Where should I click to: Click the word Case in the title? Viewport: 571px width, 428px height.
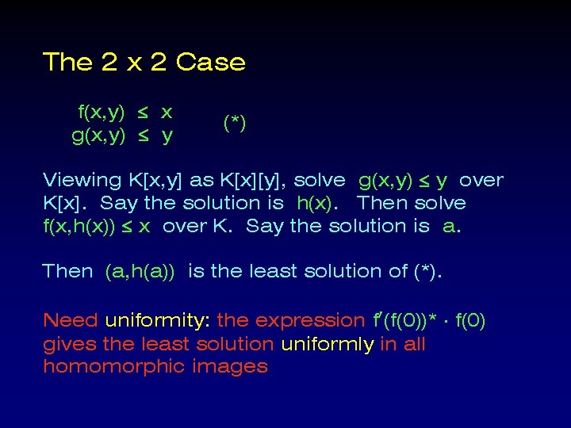210,62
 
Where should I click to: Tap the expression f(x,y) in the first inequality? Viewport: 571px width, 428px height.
102,112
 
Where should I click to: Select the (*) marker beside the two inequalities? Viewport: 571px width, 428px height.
234,123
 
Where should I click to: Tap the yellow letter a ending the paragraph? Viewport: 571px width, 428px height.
450,227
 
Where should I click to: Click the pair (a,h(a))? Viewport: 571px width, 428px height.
140,271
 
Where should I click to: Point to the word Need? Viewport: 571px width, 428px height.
70,321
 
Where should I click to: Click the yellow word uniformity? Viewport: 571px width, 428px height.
157,321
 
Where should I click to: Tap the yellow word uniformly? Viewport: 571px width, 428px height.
326,344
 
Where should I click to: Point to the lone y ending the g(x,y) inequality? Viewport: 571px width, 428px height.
167,136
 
